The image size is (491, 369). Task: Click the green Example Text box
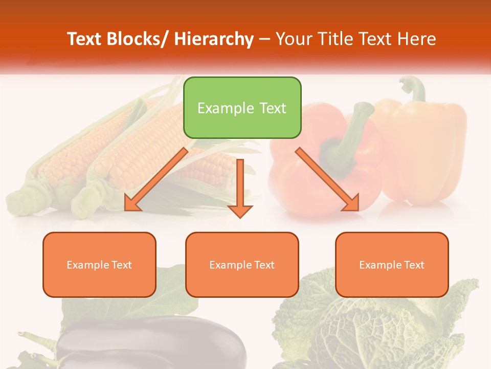[242, 108]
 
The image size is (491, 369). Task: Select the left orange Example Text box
[99, 264]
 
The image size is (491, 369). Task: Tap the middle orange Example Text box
[242, 264]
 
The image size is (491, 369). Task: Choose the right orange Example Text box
[392, 264]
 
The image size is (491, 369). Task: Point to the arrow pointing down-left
[156, 179]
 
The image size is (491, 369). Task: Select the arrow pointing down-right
[327, 179]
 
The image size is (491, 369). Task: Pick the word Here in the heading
[417, 39]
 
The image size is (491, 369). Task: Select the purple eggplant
[153, 343]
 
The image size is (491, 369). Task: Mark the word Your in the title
[293, 39]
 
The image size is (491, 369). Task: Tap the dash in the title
[264, 39]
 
